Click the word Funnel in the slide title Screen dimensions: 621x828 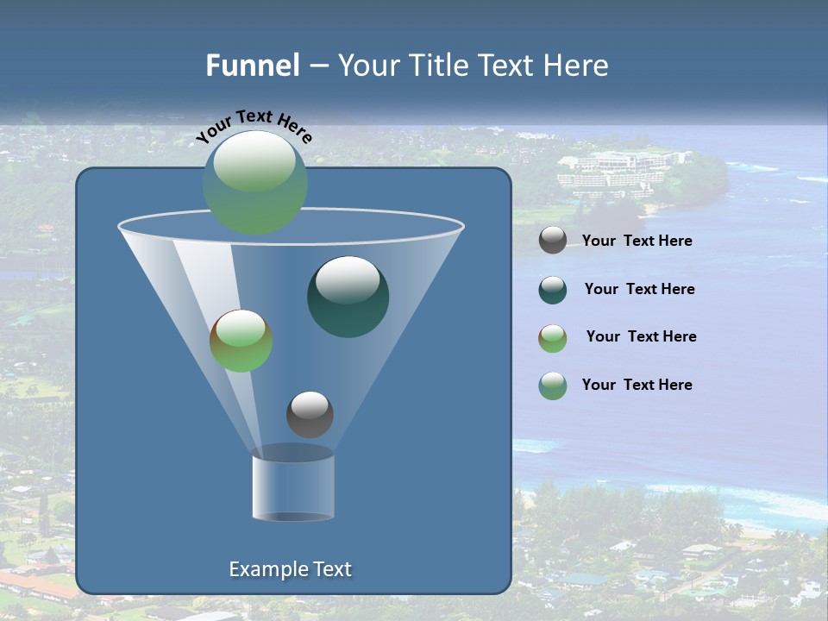pos(252,66)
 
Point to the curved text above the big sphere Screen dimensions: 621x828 pos(254,126)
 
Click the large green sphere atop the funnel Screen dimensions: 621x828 pos(255,182)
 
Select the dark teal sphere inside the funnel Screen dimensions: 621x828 pos(348,296)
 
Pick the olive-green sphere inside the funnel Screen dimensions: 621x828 pos(241,341)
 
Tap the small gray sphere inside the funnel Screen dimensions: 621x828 pos(310,414)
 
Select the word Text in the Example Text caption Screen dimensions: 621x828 pos(330,569)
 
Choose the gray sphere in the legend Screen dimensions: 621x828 pos(553,241)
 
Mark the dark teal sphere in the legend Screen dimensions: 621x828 pos(553,289)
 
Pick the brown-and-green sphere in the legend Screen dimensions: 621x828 pos(553,337)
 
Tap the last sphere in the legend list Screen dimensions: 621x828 pos(553,385)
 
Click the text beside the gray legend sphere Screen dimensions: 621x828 pos(637,241)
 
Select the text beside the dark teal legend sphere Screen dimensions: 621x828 pos(639,290)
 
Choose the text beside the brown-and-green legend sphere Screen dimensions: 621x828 pos(641,337)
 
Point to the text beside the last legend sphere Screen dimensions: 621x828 pos(637,386)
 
